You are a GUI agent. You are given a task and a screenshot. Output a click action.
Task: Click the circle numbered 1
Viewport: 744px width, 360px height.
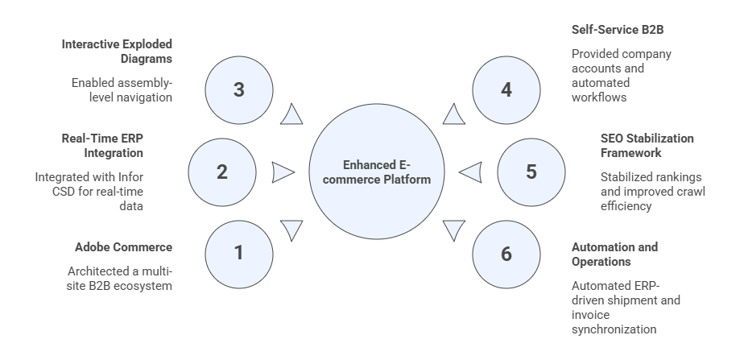(x=238, y=253)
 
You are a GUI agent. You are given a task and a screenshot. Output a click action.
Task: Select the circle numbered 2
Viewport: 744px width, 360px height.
(x=222, y=172)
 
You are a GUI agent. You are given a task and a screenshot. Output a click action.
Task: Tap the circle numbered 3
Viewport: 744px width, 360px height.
(x=238, y=89)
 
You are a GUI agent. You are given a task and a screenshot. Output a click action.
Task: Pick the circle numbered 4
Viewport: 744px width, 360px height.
(x=506, y=89)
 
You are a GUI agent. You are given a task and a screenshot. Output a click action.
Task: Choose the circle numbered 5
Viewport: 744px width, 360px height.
(x=531, y=172)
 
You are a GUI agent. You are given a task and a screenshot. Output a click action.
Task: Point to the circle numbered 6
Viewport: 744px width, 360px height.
(x=506, y=254)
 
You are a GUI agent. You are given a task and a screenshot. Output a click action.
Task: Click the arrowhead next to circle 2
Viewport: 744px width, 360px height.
(x=283, y=172)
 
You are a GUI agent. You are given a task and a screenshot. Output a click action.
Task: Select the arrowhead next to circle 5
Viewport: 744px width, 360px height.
(x=470, y=172)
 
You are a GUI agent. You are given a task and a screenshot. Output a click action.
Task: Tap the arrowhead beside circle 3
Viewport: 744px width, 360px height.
(x=291, y=115)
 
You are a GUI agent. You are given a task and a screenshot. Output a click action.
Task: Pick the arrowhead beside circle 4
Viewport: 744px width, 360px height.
(x=453, y=115)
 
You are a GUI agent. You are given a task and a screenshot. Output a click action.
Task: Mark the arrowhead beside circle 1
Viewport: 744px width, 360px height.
(x=291, y=230)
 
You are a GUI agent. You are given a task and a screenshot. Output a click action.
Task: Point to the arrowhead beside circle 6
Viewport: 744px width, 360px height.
(x=454, y=230)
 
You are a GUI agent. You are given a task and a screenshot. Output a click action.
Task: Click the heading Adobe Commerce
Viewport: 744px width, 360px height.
(x=123, y=246)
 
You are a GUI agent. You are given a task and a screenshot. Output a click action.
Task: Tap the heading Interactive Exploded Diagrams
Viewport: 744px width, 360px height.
(x=118, y=51)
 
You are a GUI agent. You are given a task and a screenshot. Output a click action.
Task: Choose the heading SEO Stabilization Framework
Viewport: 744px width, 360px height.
(x=647, y=145)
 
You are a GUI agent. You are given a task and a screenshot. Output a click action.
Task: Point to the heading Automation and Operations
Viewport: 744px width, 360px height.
(x=614, y=254)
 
